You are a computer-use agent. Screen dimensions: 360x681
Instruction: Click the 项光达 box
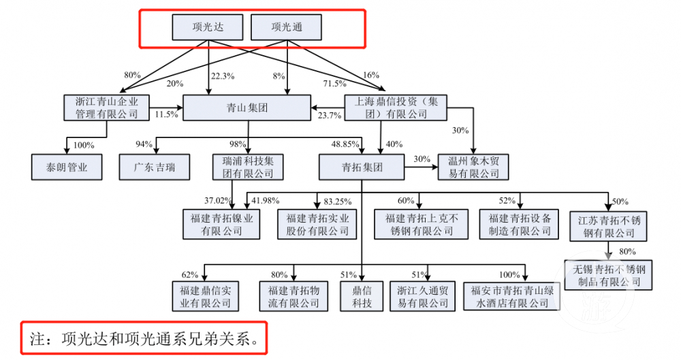[206, 28]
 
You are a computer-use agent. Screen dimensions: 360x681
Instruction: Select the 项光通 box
[286, 28]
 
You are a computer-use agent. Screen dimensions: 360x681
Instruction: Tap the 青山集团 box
[247, 108]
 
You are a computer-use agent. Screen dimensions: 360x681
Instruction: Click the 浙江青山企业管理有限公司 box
[107, 108]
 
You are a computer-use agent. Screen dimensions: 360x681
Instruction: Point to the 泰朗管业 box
[66, 165]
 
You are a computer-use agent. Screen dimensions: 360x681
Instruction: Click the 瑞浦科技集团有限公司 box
[247, 167]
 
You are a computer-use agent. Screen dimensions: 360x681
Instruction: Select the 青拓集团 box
[362, 167]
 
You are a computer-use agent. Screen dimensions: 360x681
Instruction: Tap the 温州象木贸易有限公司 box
[473, 167]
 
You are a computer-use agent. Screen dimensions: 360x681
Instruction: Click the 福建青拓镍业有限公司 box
[221, 225]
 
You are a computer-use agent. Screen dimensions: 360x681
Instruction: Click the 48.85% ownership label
[345, 144]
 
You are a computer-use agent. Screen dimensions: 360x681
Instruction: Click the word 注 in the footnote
[37, 338]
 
